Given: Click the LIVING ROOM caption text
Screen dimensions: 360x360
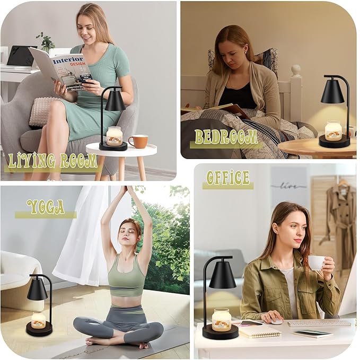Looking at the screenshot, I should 52,161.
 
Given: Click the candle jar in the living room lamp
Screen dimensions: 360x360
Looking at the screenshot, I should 114,136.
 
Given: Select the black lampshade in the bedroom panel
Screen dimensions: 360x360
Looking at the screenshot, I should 332,91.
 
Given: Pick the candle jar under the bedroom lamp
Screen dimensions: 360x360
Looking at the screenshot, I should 333,130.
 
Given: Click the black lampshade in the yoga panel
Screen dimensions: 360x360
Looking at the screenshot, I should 37,289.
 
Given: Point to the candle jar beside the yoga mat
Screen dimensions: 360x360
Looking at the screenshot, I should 38,320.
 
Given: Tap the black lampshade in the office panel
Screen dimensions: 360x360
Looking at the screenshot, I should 222,276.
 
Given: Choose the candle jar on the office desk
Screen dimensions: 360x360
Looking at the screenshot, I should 221,319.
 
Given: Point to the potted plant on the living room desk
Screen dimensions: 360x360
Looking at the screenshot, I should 46,42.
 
